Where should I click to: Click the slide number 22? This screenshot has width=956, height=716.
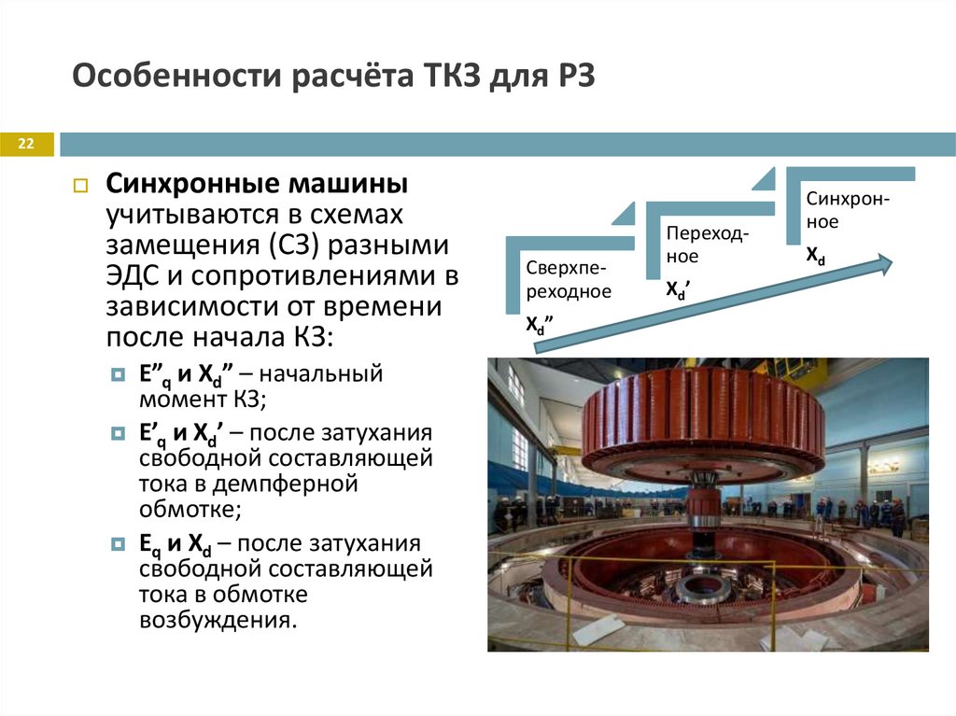(25, 144)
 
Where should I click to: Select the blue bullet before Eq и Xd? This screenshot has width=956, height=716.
(118, 544)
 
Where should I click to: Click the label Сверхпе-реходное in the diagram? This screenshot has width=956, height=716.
(568, 279)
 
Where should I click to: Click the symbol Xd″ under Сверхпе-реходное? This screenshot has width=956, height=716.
(539, 325)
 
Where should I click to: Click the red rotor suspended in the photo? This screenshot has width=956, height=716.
(702, 415)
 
